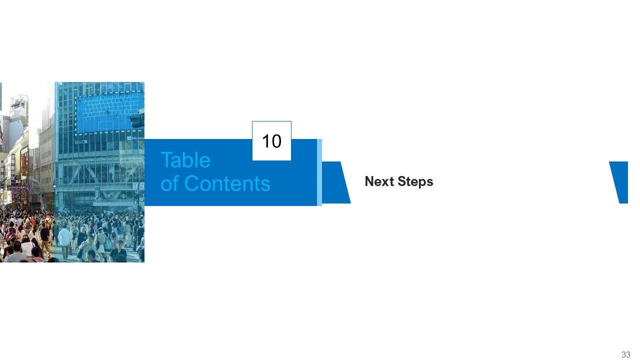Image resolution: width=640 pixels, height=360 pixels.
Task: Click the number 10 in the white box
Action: (x=271, y=141)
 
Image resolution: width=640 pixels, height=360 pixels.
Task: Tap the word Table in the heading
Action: (x=185, y=160)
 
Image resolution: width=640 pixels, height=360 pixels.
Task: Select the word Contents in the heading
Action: (x=227, y=183)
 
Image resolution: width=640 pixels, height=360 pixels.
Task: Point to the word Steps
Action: (x=417, y=181)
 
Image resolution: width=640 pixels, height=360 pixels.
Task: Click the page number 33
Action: (x=625, y=354)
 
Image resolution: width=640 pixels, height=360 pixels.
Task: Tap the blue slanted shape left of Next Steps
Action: (x=335, y=182)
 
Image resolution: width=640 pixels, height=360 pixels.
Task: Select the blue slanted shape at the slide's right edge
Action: (x=620, y=182)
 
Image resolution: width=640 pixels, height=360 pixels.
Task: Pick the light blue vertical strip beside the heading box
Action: (x=319, y=172)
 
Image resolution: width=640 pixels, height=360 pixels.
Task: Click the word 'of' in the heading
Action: (x=169, y=183)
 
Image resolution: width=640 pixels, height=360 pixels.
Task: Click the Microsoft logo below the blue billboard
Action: (x=135, y=138)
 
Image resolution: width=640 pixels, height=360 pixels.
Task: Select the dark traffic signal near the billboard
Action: (x=137, y=120)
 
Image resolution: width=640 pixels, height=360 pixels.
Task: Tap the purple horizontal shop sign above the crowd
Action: (x=18, y=187)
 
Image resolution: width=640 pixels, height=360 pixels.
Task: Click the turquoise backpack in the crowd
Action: (x=107, y=243)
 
